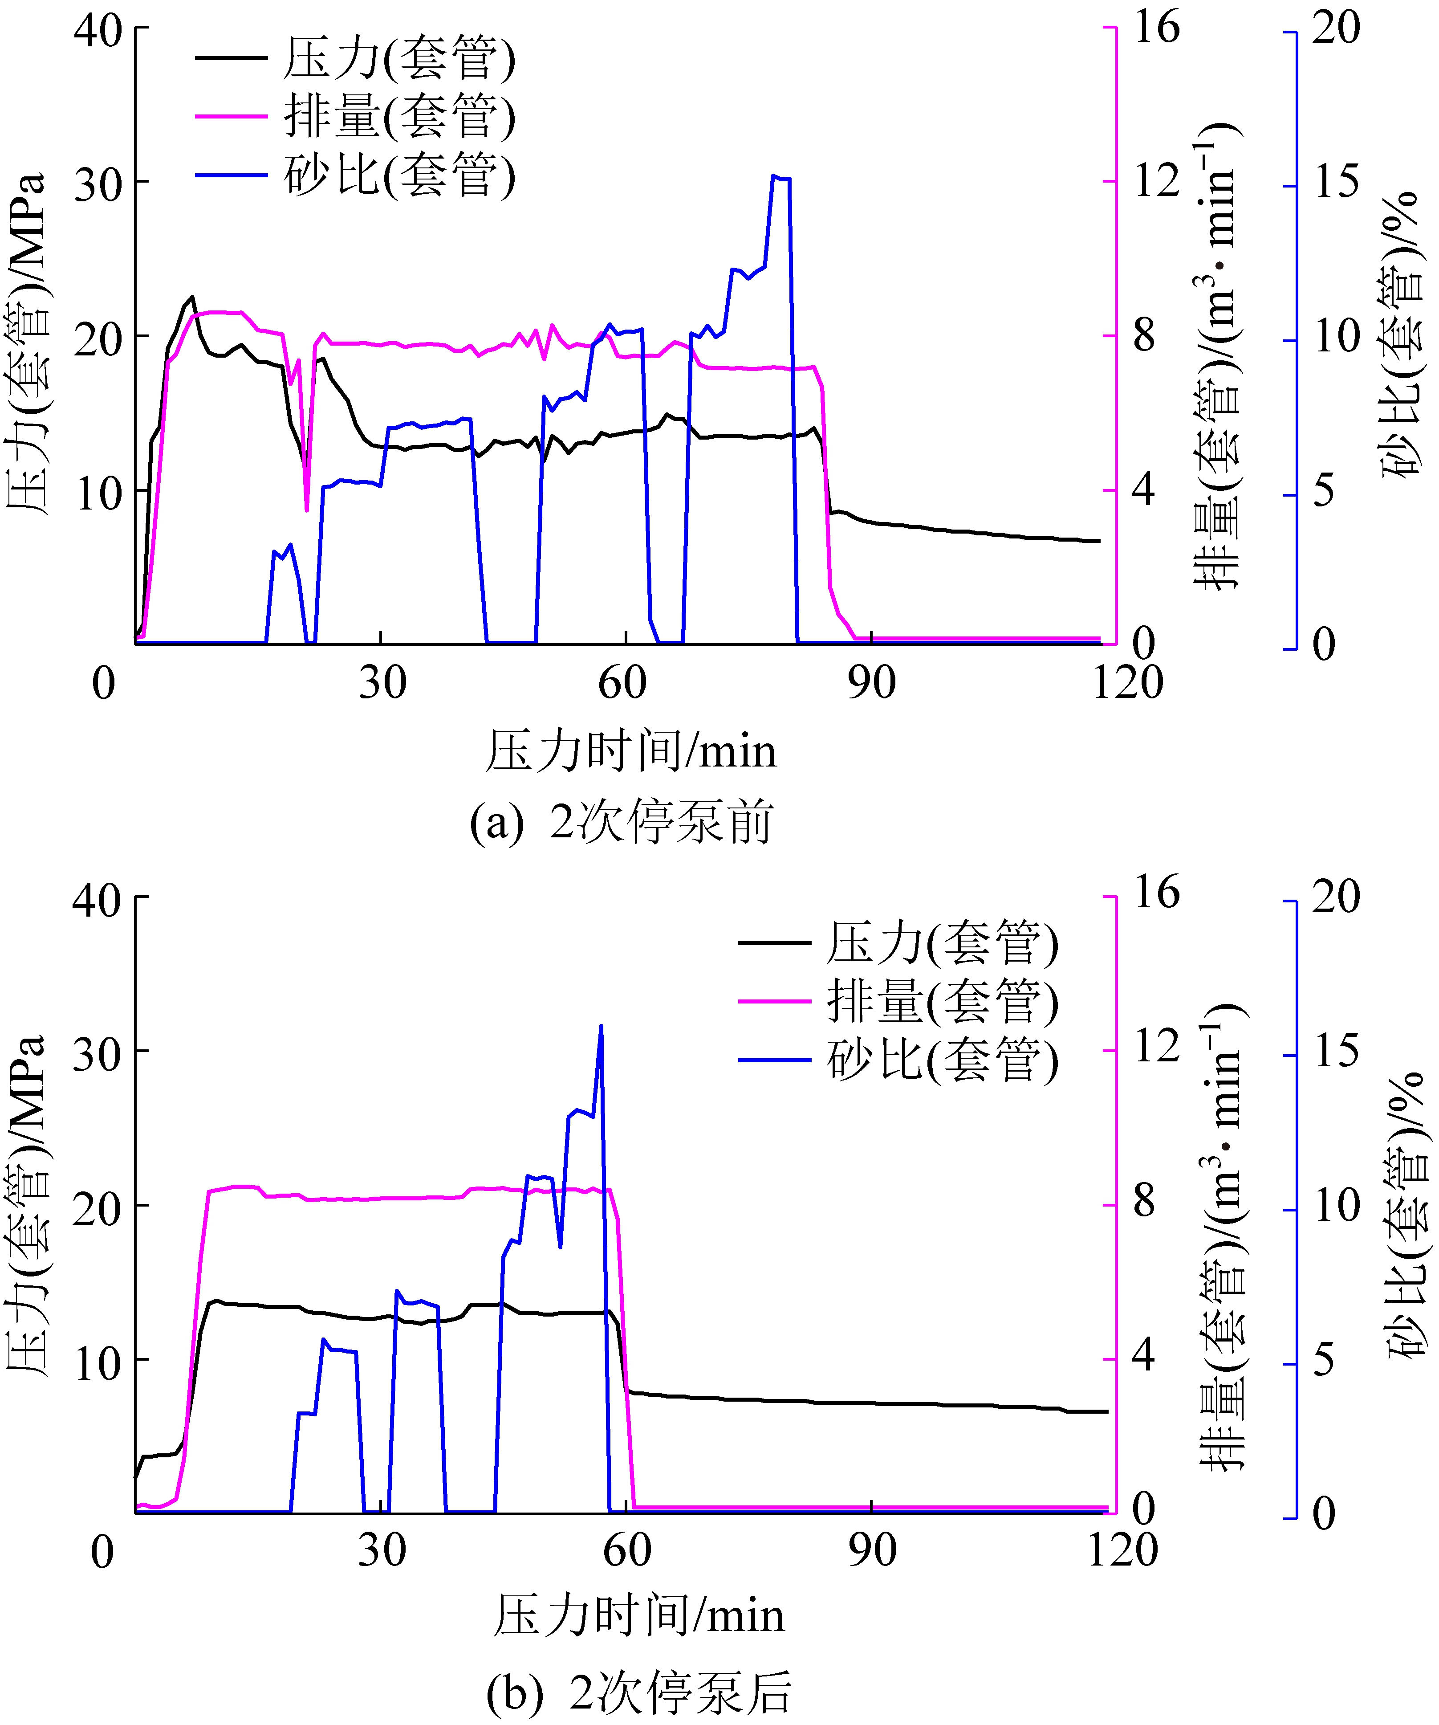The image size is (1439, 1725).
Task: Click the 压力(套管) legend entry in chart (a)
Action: click(x=398, y=57)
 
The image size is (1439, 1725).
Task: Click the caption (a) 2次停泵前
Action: click(x=622, y=822)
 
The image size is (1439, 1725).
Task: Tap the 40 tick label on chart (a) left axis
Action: click(x=98, y=31)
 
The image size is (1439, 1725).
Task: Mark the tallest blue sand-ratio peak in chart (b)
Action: click(x=601, y=1026)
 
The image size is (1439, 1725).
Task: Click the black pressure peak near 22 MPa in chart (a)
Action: click(x=192, y=298)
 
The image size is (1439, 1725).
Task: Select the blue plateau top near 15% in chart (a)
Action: click(x=780, y=177)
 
